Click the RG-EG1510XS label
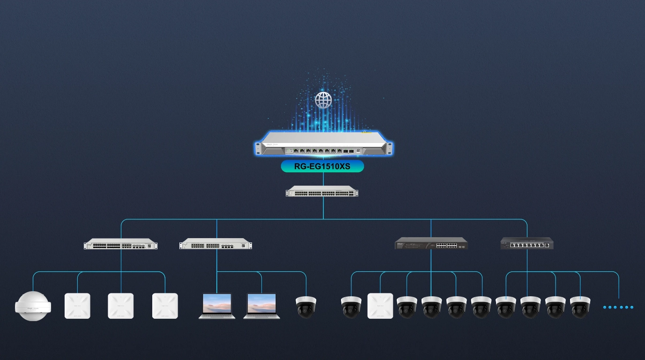coord(322,166)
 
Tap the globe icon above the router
coord(323,100)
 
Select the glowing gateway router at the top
coord(323,143)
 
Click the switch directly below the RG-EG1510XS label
coord(322,191)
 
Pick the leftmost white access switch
coord(121,245)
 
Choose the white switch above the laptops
coord(215,244)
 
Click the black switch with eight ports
coord(527,243)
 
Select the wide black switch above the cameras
coord(431,244)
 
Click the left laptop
coord(217,306)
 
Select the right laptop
coord(261,306)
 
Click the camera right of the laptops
coord(306,307)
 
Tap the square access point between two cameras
coord(380,306)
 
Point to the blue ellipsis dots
coord(618,307)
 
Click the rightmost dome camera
coord(580,307)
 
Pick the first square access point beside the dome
coord(77,306)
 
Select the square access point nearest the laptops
coord(165,306)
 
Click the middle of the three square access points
coord(121,306)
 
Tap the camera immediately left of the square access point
coord(351,307)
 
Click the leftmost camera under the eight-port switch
coord(506,307)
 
